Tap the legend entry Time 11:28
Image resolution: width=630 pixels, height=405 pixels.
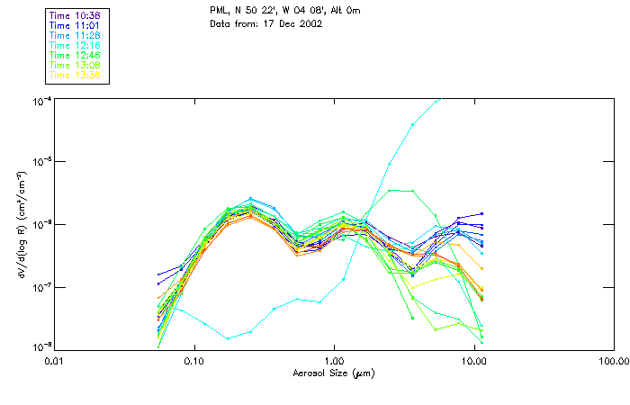[x=76, y=36]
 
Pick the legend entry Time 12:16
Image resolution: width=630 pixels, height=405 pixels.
[x=76, y=46]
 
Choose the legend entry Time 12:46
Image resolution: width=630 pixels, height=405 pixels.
[x=76, y=56]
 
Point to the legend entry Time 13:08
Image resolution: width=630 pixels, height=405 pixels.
[x=76, y=65]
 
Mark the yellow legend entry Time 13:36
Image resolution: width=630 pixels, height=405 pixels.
[x=76, y=75]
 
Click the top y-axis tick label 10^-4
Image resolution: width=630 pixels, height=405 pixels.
[x=41, y=99]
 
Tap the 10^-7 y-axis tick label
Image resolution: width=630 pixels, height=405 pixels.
[x=41, y=287]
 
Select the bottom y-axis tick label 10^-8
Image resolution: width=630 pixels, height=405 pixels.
[x=41, y=346]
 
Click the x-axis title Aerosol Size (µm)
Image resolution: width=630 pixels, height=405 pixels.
[x=334, y=373]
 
